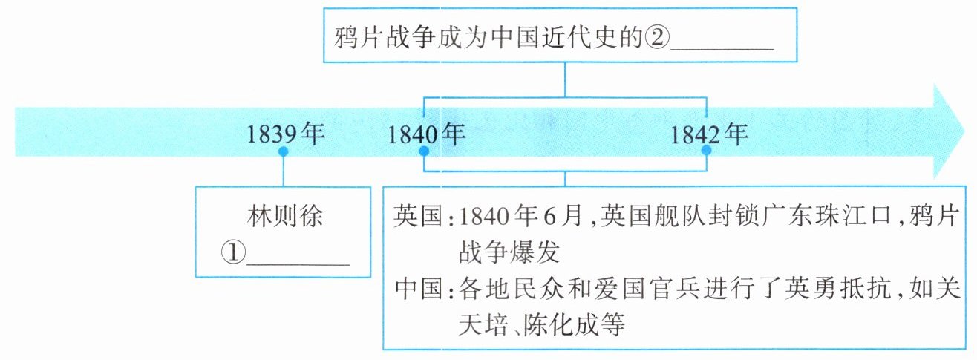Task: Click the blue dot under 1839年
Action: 283,151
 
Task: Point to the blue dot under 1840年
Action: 424,151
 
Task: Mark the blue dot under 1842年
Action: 706,151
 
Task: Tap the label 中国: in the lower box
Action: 424,287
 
